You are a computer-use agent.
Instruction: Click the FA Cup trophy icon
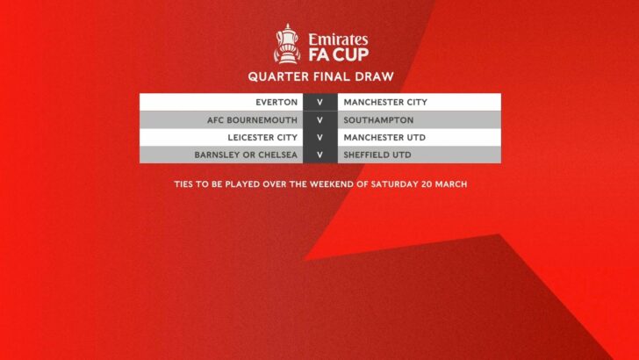[287, 44]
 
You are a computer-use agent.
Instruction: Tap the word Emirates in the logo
[338, 40]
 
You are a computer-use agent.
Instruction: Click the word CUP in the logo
[350, 54]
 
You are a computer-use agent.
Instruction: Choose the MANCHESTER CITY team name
[385, 103]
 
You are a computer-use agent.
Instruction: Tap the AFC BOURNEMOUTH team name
[252, 120]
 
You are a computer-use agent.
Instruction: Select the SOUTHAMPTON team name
[378, 120]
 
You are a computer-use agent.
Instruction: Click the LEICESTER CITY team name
[262, 138]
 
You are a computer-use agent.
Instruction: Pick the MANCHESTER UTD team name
[384, 138]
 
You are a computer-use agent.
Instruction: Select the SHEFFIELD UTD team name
[377, 155]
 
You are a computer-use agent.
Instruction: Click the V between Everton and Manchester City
[319, 103]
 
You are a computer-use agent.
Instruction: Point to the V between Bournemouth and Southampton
[319, 120]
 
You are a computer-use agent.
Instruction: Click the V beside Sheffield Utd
[319, 155]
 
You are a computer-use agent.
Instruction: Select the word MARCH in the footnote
[451, 184]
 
